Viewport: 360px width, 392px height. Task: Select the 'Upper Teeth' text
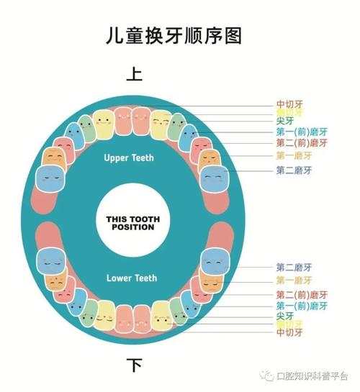[129, 158]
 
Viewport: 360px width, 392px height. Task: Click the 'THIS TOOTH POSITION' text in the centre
[130, 222]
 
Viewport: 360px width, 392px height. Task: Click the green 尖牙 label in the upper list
[284, 123]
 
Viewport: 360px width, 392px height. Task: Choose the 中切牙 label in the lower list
[289, 333]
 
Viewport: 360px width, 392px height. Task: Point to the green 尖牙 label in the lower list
[284, 315]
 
